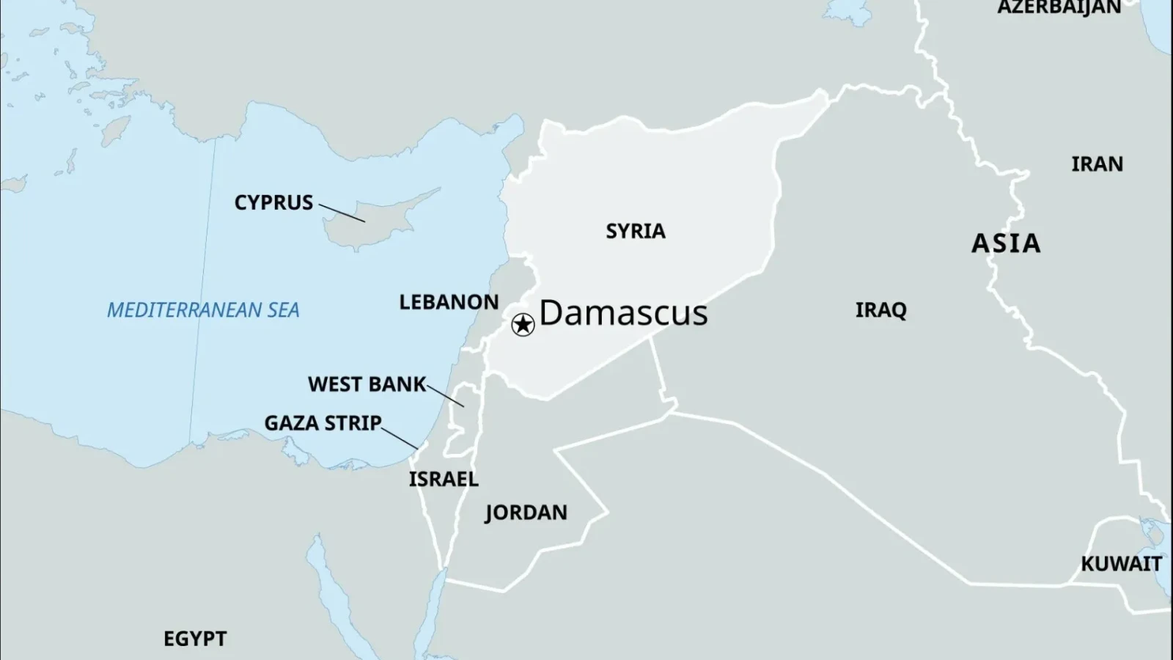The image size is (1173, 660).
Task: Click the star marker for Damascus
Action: [523, 324]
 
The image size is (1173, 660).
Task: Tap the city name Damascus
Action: [623, 313]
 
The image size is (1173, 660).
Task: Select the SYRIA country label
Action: [636, 231]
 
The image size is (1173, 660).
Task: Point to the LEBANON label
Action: [449, 302]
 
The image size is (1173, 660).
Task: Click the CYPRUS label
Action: [273, 202]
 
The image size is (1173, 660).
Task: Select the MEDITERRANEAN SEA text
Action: [203, 310]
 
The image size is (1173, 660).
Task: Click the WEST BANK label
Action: [367, 384]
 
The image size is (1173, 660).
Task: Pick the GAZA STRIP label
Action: [323, 423]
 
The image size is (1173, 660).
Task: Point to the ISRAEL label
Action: [444, 479]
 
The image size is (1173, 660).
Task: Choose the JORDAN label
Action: [526, 512]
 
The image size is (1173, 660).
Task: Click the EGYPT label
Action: [195, 639]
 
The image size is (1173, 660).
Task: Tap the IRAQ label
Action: [880, 310]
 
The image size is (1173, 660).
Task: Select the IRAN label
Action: [1097, 164]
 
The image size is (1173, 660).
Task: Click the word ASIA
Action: [1006, 243]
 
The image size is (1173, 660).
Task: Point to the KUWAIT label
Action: [1121, 564]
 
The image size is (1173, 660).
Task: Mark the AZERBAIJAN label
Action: [1059, 7]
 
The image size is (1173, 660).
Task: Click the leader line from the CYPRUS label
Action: [341, 213]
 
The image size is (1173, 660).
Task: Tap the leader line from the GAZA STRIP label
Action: [400, 437]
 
